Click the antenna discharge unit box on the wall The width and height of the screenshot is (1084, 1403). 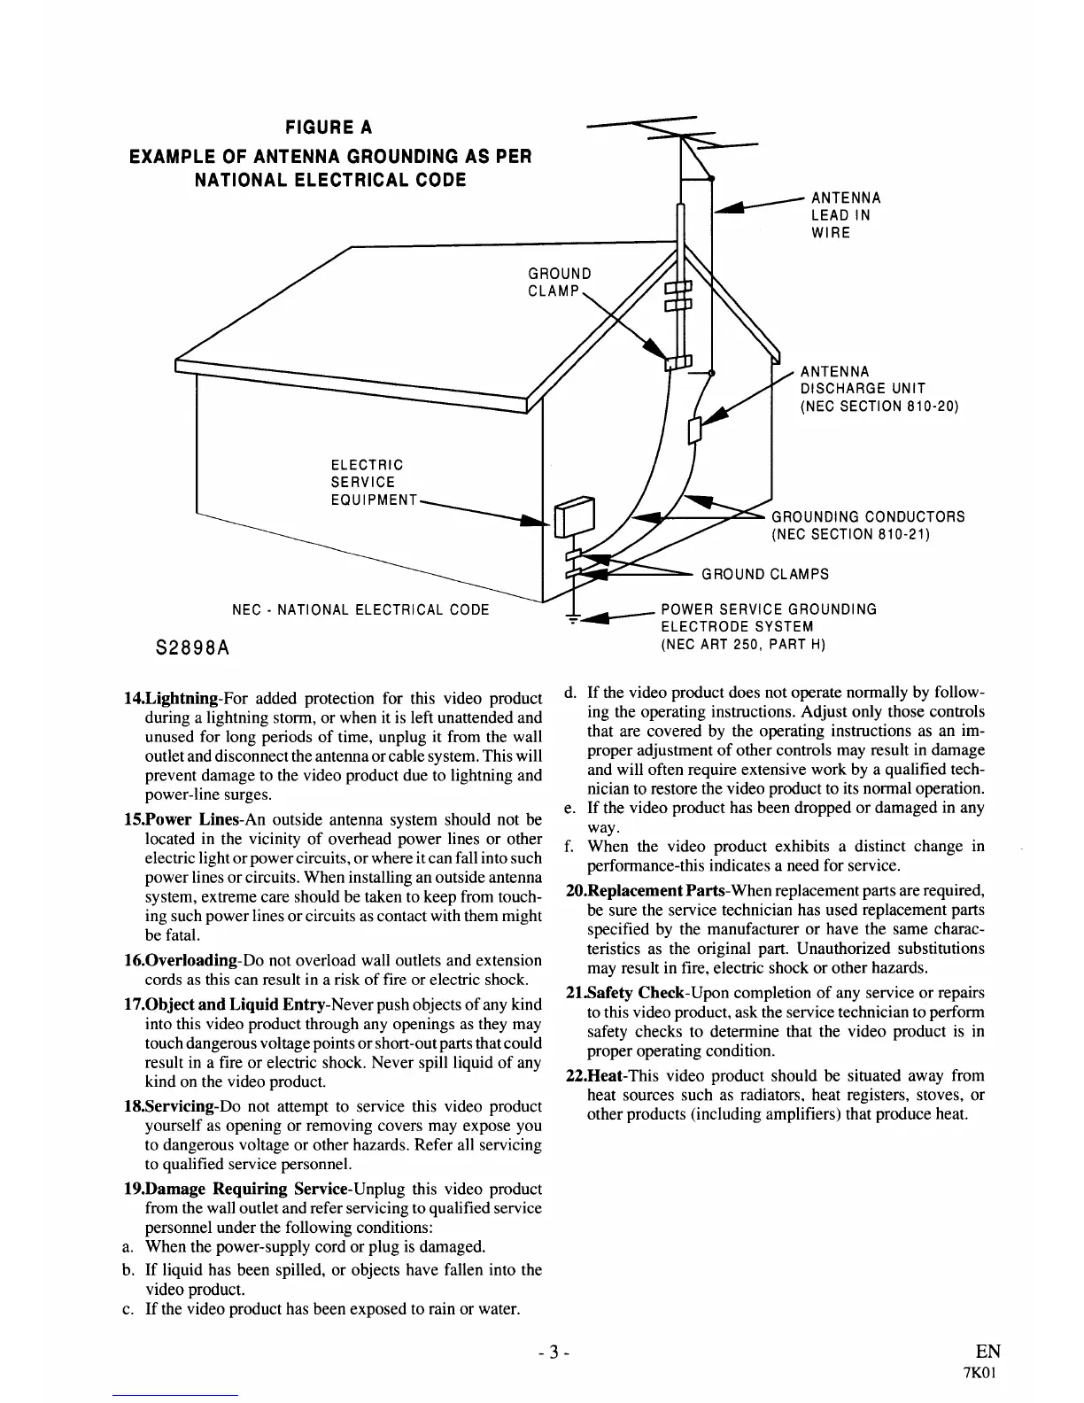pyautogui.click(x=695, y=429)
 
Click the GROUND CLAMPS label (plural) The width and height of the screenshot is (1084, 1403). pyautogui.click(x=765, y=574)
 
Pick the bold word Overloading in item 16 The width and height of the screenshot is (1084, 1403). pyautogui.click(x=192, y=960)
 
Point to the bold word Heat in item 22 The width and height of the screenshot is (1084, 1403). pyautogui.click(x=606, y=1075)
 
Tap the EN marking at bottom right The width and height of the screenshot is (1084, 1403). pyautogui.click(x=987, y=1351)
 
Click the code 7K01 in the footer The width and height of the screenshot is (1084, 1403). pyautogui.click(x=988, y=1374)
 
